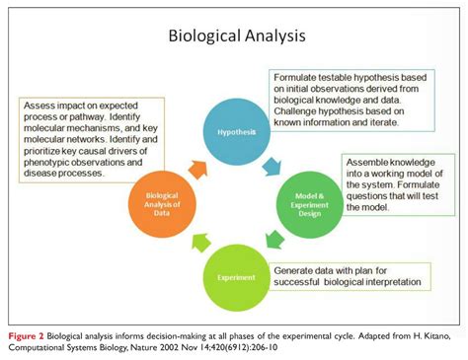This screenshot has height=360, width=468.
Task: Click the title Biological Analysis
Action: coord(234,37)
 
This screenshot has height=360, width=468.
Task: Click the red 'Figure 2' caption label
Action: coord(27,326)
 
